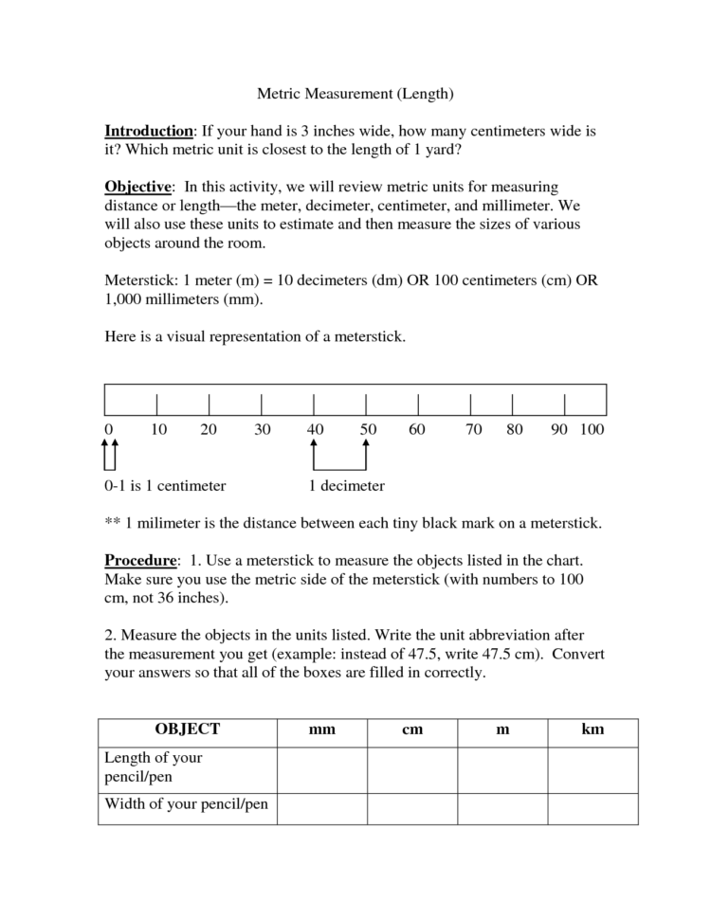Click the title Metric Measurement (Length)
(355, 94)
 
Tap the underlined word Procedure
(140, 560)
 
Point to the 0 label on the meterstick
(109, 430)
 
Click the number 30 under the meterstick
(263, 430)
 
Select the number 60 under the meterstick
(417, 430)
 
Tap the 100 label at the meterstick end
(592, 430)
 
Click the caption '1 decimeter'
(347, 486)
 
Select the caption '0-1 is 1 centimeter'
(165, 486)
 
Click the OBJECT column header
(187, 730)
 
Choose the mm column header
(322, 730)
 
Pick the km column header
(593, 730)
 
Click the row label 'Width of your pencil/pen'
(186, 805)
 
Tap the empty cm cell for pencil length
(412, 768)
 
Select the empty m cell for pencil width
(502, 808)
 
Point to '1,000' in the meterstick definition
(124, 300)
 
